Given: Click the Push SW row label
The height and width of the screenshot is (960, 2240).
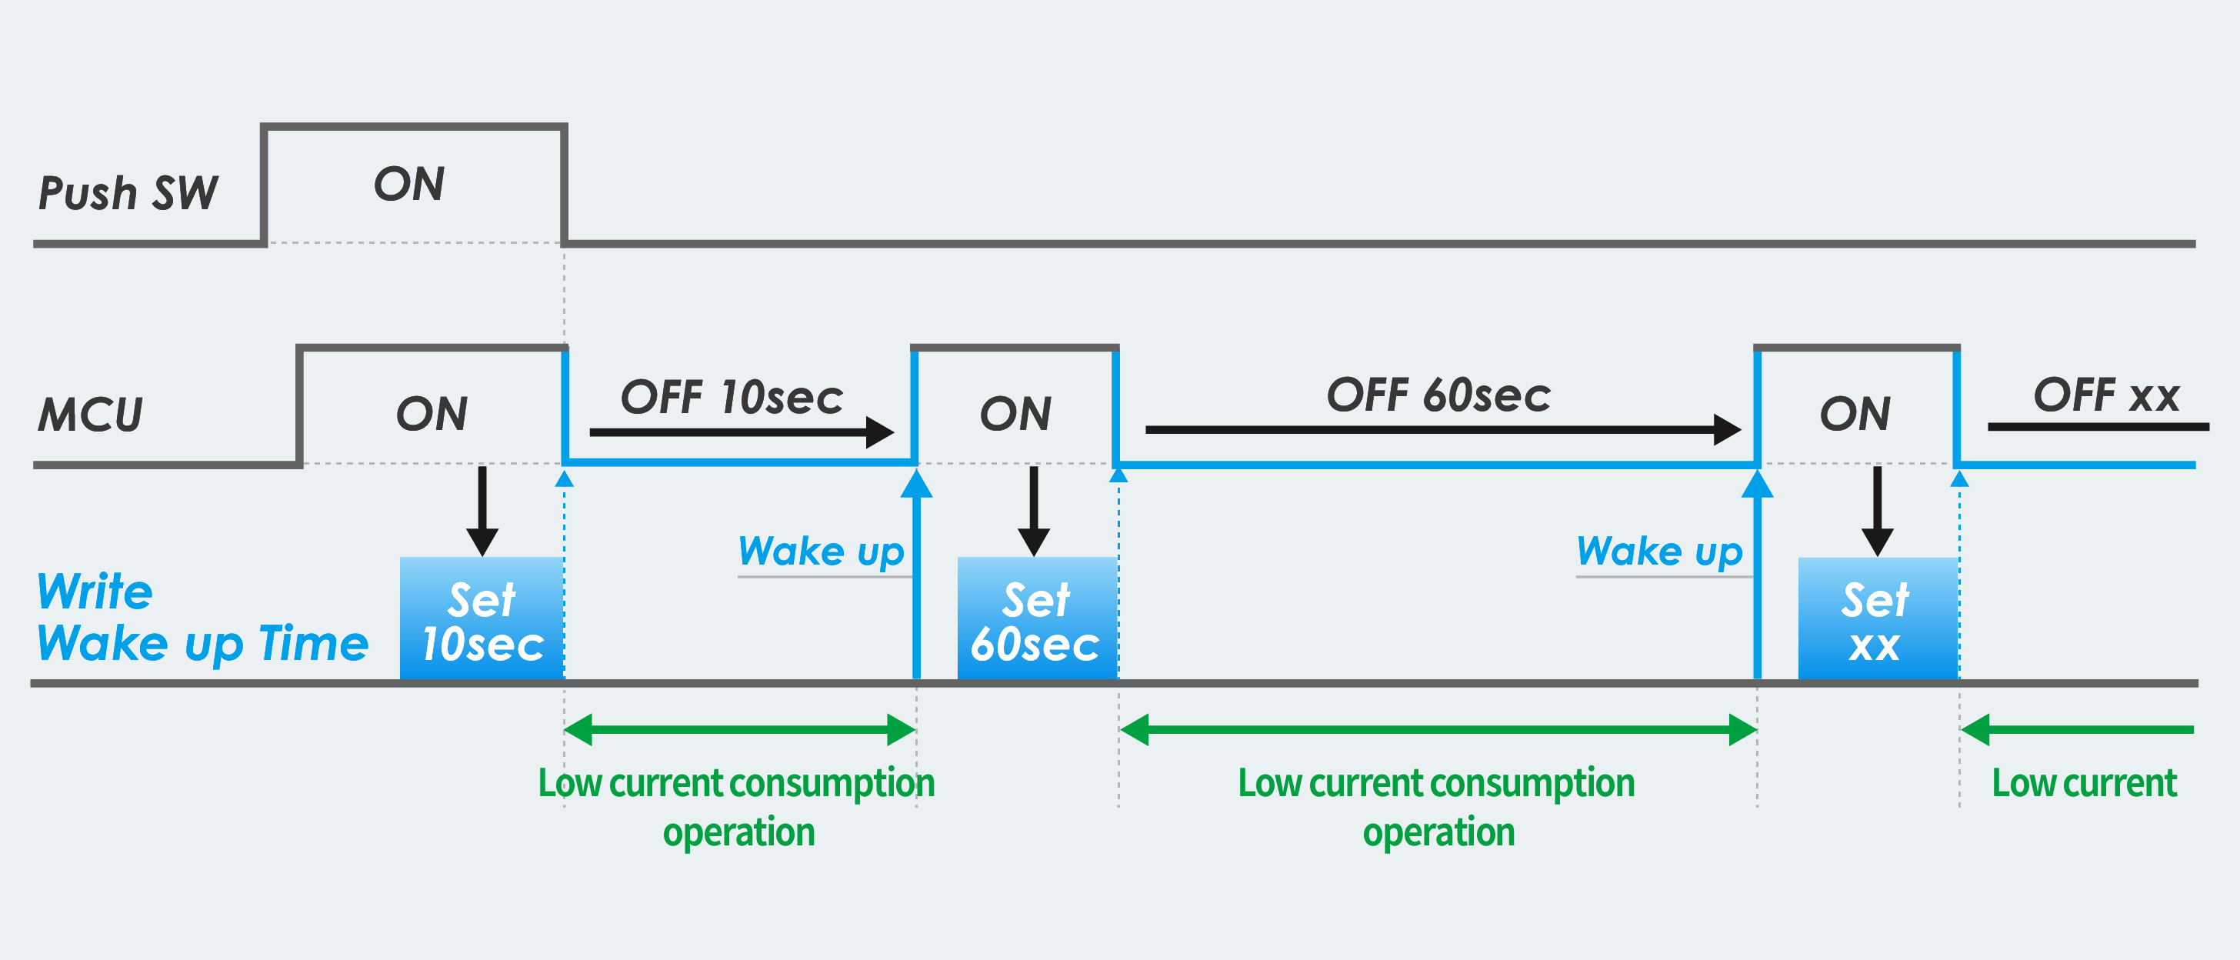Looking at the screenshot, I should click(128, 192).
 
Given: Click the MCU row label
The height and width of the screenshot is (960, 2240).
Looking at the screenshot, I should click(91, 414).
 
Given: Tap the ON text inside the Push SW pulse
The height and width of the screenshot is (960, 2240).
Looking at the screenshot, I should click(408, 185).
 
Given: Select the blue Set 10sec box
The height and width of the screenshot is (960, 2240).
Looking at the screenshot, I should click(482, 619).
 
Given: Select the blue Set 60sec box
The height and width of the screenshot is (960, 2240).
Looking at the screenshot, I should click(1035, 619).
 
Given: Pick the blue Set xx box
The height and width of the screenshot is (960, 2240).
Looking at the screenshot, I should click(1876, 619).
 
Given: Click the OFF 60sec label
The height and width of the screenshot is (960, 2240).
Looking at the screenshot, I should click(1438, 395).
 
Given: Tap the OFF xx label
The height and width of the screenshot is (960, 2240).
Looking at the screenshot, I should click(2105, 395).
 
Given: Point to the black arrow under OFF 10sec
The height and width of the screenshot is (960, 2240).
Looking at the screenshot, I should click(740, 432).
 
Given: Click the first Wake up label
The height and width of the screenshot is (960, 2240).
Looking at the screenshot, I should click(821, 552).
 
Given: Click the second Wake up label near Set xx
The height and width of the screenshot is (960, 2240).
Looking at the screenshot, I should click(1659, 552).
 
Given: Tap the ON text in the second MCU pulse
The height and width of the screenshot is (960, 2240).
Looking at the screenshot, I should click(1015, 414).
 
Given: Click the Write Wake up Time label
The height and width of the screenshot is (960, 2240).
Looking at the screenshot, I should click(202, 618).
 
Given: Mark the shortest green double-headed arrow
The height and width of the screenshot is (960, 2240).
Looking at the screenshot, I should click(739, 728).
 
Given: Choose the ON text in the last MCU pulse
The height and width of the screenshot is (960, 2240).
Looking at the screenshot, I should click(1855, 414).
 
